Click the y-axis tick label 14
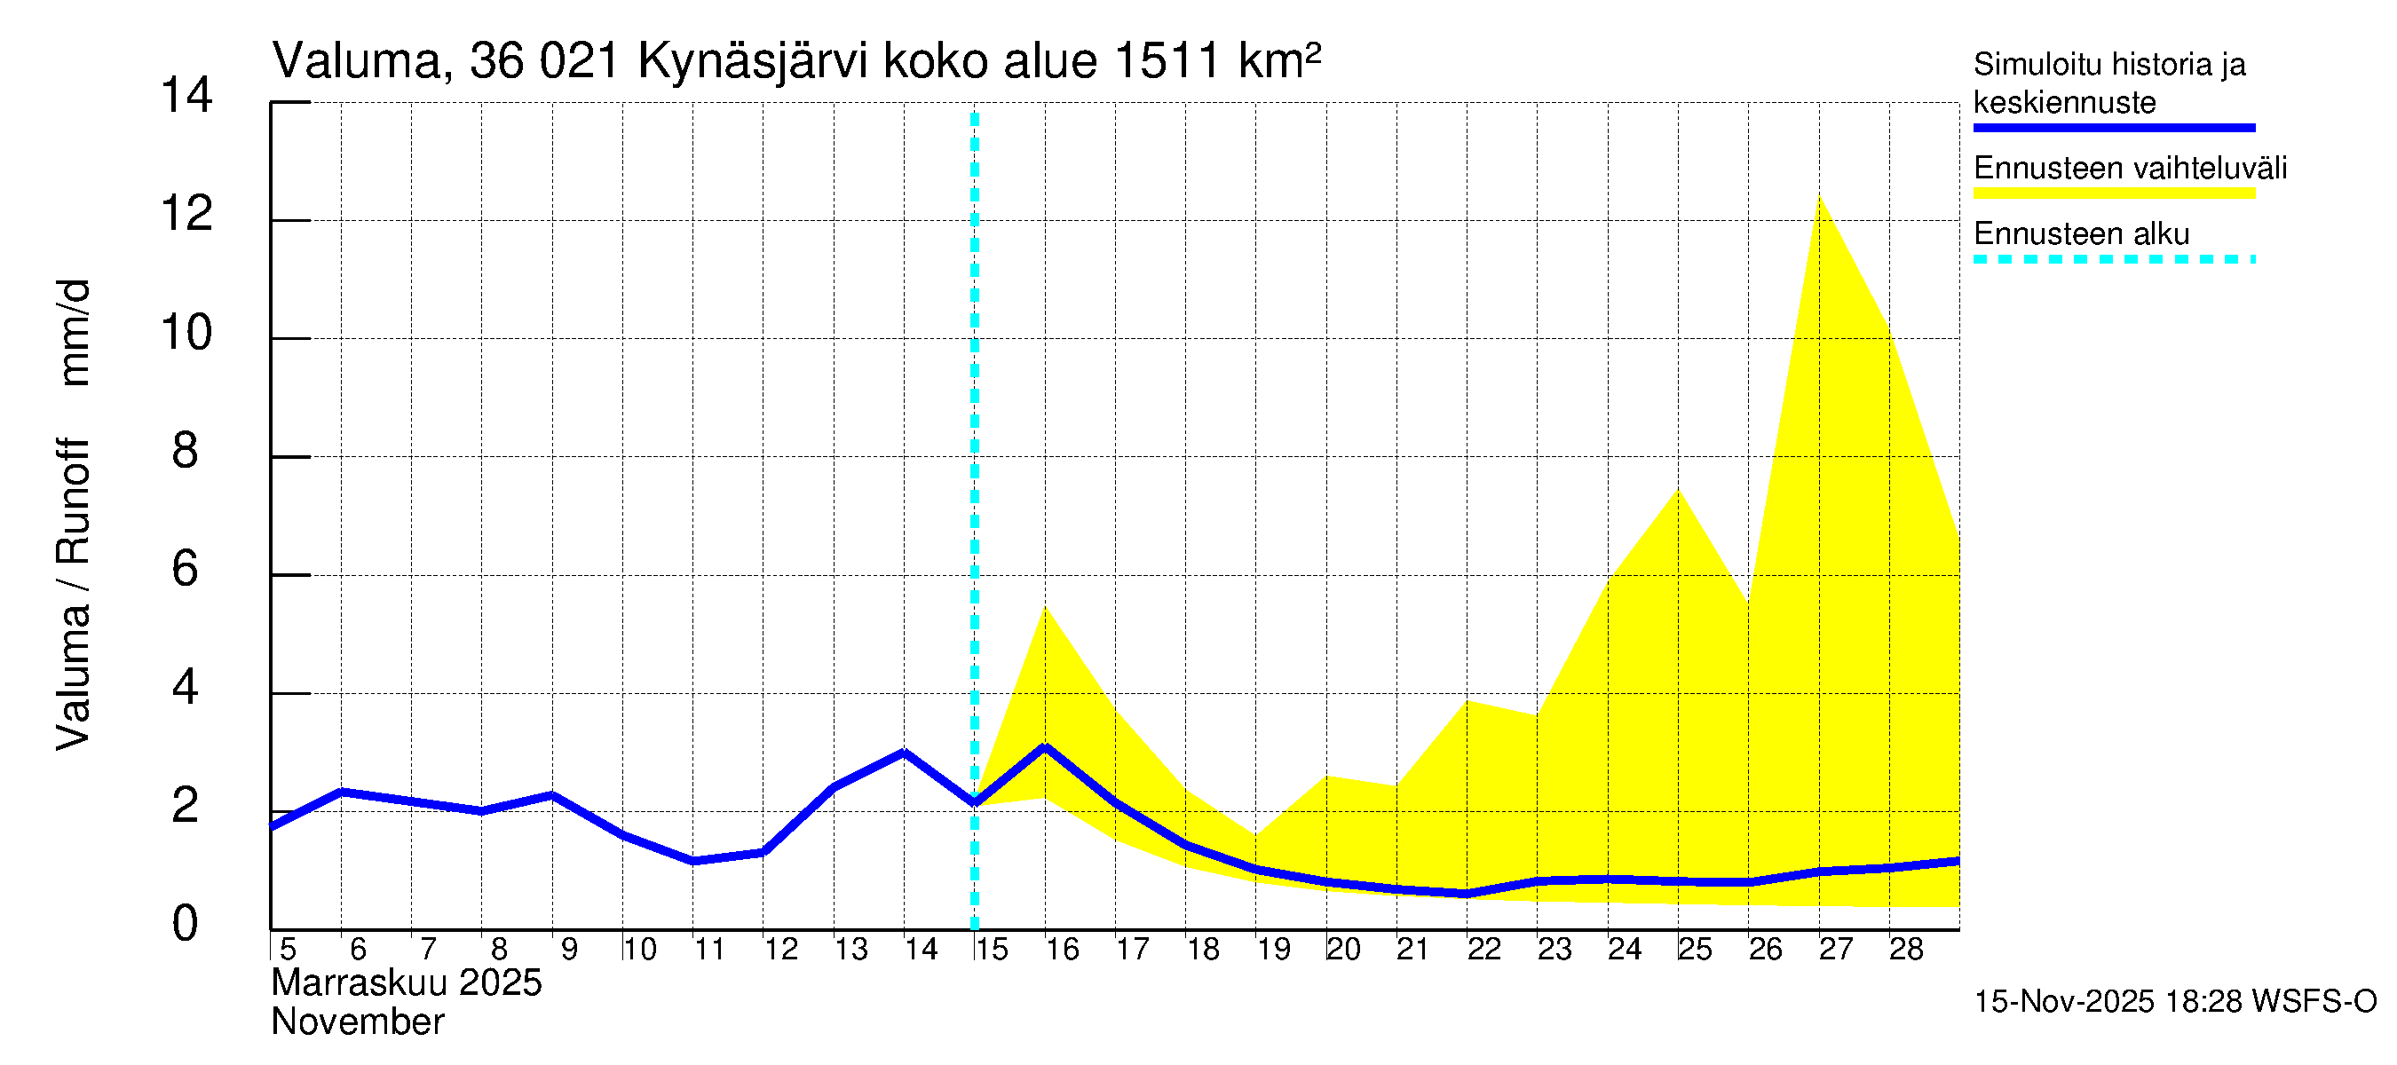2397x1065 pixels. tap(186, 96)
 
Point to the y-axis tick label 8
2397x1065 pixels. tap(186, 452)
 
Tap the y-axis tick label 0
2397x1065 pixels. tap(186, 925)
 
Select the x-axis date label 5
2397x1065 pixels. tap(288, 950)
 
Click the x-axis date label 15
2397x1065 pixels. tap(991, 950)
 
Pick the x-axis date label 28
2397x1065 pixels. tap(1906, 950)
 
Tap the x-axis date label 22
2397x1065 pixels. tap(1483, 950)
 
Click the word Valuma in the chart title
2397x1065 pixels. tap(356, 61)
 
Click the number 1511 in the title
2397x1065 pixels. tap(1165, 61)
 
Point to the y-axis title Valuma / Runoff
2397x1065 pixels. tap(73, 596)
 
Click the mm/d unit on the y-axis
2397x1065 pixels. tap(73, 332)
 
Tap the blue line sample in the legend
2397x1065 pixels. tap(2113, 128)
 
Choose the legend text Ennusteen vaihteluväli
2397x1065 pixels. tap(2130, 169)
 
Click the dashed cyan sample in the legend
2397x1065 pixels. tap(2113, 259)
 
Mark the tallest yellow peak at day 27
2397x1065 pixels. tap(1819, 197)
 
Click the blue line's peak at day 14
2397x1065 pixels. tap(904, 752)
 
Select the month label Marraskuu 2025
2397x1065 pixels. tap(407, 983)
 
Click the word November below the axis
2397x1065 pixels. tap(357, 1022)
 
